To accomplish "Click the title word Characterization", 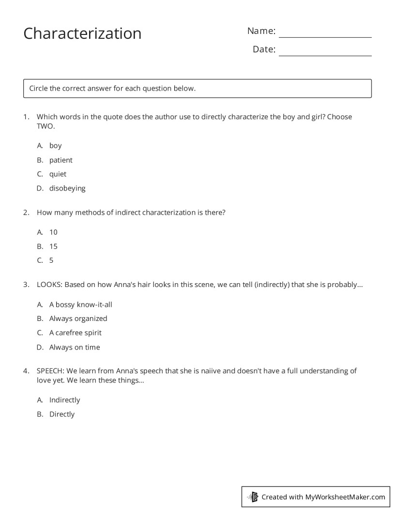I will [x=82, y=33].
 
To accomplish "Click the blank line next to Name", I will [x=325, y=34].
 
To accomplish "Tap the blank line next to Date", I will [x=325, y=52].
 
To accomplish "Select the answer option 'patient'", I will [x=61, y=160].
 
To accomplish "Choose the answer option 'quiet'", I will [x=58, y=174].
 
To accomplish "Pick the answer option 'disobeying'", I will [x=67, y=188].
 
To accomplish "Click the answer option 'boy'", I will [x=55, y=145].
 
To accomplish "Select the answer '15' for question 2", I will [x=53, y=246].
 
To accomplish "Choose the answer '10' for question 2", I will [x=53, y=232].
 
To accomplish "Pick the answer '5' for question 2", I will [x=51, y=260].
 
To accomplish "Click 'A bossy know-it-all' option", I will [x=80, y=304].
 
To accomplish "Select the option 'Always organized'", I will [x=78, y=319].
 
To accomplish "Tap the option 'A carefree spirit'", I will [x=75, y=333].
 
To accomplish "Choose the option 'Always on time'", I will [x=75, y=347].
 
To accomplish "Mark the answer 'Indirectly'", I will [x=64, y=400].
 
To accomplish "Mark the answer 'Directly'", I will [x=62, y=414].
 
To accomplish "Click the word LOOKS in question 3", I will [x=49, y=285].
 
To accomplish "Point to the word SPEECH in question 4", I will [x=51, y=371].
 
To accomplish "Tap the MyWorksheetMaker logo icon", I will [x=253, y=497].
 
